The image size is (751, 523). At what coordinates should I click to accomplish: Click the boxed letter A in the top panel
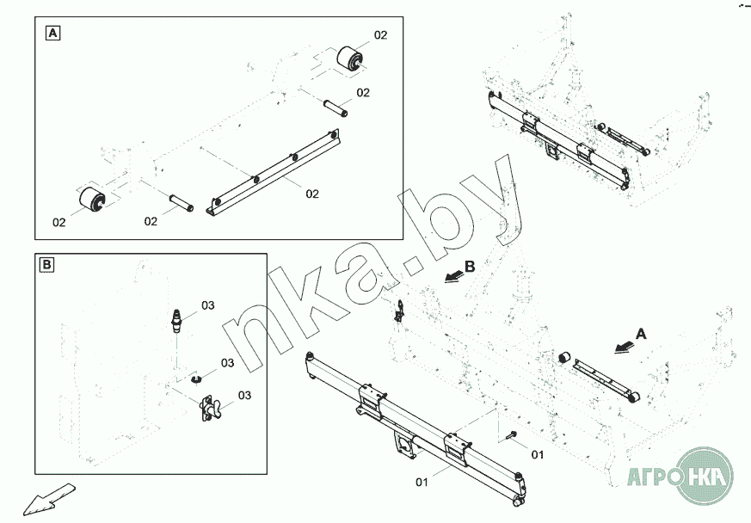tap(52, 33)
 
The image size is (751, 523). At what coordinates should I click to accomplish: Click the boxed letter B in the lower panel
tap(47, 265)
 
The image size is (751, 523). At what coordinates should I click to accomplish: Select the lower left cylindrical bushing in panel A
tap(92, 200)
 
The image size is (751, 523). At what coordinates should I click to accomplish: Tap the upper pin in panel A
tap(335, 108)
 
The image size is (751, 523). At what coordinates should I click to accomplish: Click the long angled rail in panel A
tap(273, 172)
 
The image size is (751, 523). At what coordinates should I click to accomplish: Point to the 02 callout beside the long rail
tap(312, 194)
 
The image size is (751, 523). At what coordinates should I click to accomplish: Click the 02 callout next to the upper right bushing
tap(381, 35)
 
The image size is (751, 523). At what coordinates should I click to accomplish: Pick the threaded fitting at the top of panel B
tap(176, 320)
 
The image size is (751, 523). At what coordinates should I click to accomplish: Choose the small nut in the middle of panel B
tap(195, 380)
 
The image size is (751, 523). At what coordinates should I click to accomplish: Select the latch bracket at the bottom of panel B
tap(210, 409)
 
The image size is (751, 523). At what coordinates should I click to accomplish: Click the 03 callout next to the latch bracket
tap(245, 396)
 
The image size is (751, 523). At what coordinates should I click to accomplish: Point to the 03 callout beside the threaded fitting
tap(208, 305)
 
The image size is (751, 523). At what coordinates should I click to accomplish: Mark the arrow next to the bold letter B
tap(453, 276)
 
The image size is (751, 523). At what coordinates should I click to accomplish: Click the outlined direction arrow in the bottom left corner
tap(49, 500)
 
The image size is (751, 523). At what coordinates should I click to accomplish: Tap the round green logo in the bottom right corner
tap(703, 477)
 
